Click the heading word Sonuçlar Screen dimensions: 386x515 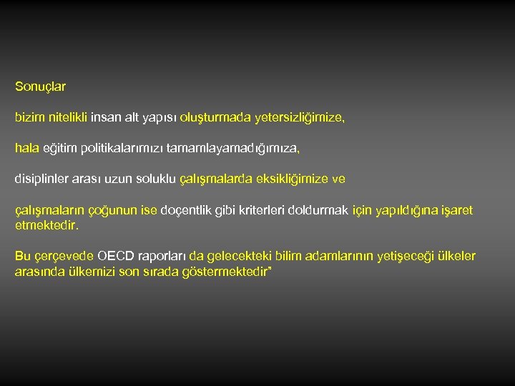[x=40, y=87]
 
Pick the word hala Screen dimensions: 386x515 [x=26, y=149]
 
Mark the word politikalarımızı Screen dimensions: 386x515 [x=122, y=149]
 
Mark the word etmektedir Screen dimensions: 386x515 [x=46, y=225]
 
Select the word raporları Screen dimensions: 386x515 [x=164, y=256]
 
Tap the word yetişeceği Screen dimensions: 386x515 [x=395, y=256]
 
